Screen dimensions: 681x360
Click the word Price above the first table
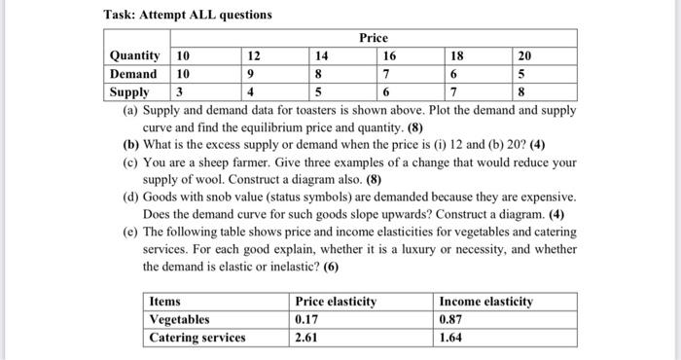point(373,38)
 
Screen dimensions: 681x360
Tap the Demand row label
point(134,74)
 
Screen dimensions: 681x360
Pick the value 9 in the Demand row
point(251,74)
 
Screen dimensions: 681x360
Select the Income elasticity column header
point(486,302)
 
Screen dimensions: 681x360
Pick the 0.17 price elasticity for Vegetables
point(307,319)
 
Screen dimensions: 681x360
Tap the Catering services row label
point(197,338)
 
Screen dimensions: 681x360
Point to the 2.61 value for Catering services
point(307,338)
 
